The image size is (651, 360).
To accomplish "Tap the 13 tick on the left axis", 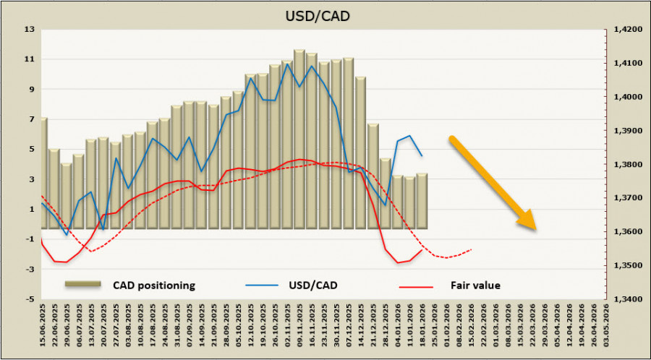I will [30, 30].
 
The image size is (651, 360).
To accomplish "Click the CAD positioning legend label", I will [153, 285].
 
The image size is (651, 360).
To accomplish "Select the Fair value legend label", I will [476, 285].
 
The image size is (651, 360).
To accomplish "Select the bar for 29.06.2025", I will [67, 195].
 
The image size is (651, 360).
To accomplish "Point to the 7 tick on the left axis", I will [30, 119].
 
